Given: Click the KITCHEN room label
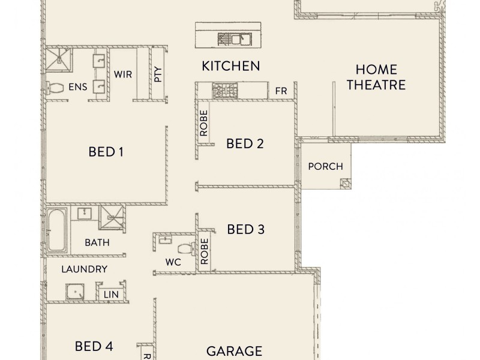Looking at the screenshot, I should [230, 65].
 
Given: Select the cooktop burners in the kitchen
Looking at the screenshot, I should [225, 91].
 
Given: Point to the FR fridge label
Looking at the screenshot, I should [280, 91].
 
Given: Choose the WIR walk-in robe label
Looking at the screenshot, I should [123, 74].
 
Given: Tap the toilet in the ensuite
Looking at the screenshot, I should [56, 88].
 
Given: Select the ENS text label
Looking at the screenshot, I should [77, 88].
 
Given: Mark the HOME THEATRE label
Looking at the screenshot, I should [376, 77].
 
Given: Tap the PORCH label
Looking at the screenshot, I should [325, 166].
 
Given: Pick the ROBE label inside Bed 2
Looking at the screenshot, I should [203, 123].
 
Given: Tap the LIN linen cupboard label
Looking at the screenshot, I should [111, 295].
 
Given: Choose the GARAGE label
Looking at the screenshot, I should [234, 350].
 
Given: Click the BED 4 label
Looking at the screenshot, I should [94, 346].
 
